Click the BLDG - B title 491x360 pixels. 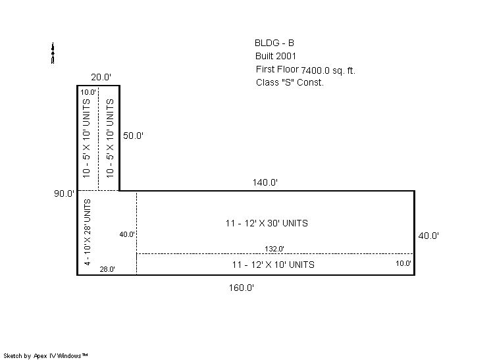point(274,43)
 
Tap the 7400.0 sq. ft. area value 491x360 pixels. point(328,70)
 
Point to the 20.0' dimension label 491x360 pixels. point(101,77)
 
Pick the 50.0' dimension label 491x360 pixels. point(133,136)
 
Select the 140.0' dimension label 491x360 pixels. point(265,182)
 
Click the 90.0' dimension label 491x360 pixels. point(64,193)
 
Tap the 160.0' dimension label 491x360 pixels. point(241,288)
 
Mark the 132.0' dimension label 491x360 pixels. point(274,249)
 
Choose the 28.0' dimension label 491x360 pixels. point(107,269)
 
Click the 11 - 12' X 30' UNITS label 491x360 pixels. point(267,223)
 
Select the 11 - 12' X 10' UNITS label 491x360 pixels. point(273,265)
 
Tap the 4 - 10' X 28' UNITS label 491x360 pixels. point(88,232)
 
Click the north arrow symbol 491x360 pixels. point(53,53)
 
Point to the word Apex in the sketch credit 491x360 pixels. point(40,355)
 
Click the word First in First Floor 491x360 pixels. point(264,69)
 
